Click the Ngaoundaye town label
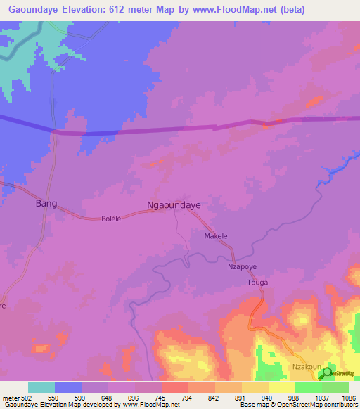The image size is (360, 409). pos(173,205)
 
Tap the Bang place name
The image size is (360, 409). pos(45,204)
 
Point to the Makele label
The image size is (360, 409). pos(216,236)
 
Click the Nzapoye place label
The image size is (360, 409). pos(240,267)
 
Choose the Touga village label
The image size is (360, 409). pos(257,282)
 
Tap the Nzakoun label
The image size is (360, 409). pos(307,368)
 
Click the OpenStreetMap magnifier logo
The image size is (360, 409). pos(325,374)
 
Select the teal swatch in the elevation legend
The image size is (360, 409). pos(41,387)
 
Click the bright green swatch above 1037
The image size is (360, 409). pos(308,387)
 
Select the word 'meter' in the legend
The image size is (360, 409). pos(9,397)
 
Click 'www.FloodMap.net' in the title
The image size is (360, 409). pos(232,9)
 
